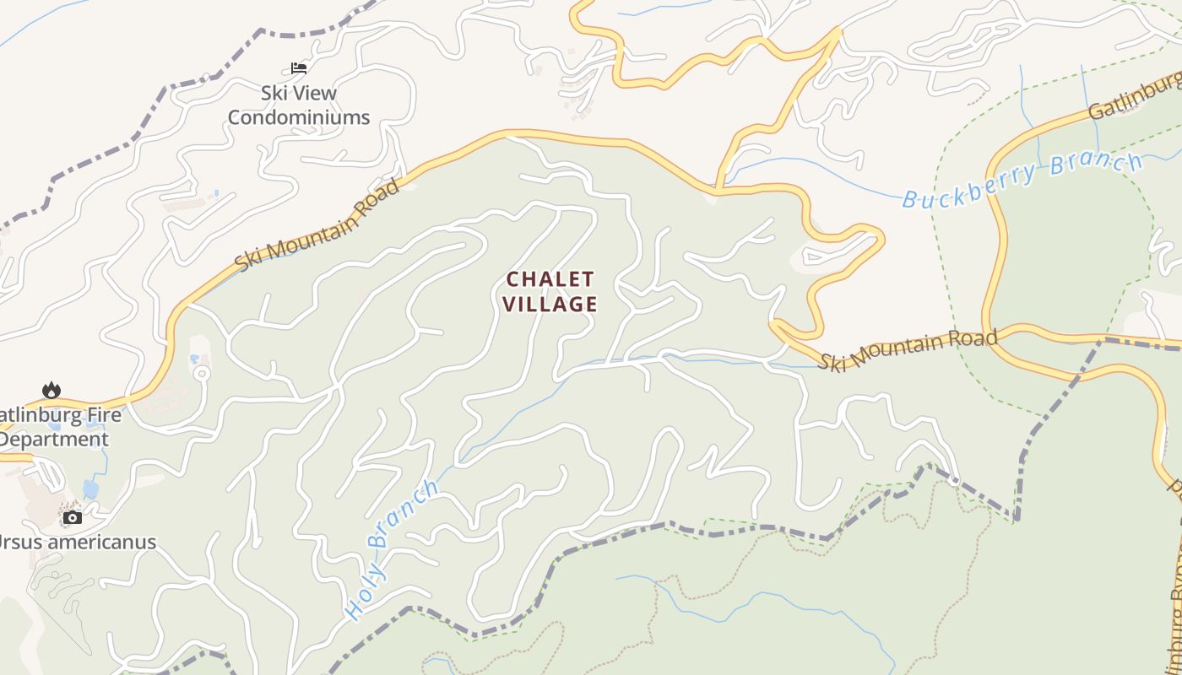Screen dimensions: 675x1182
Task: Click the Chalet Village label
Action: (x=551, y=291)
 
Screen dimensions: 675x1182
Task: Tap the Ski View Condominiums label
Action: (x=299, y=105)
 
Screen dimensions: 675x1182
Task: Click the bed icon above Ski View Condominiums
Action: (x=299, y=67)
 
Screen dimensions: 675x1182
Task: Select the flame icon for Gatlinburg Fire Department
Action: (x=52, y=390)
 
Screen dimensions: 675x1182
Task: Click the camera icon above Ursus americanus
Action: (x=73, y=516)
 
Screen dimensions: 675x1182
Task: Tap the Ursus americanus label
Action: (x=78, y=542)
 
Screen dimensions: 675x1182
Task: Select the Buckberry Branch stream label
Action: (x=1022, y=179)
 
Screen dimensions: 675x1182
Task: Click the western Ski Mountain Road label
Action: (x=317, y=224)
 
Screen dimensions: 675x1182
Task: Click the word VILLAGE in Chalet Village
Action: (x=551, y=304)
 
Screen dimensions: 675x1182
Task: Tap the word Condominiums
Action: (x=299, y=117)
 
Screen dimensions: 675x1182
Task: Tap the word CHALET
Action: (x=550, y=278)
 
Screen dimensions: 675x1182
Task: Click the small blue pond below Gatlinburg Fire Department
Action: (x=90, y=489)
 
